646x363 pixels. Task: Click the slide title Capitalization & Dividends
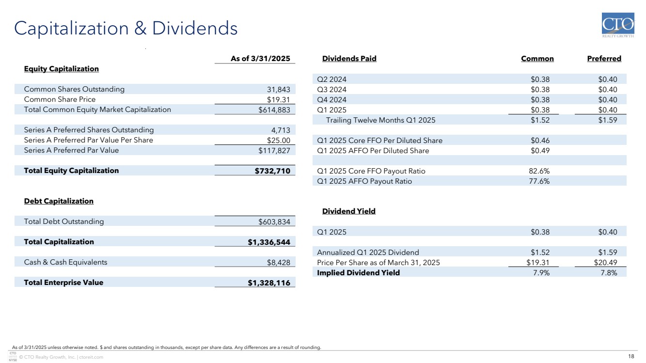(126, 29)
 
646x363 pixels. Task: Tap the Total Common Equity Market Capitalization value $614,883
(274, 110)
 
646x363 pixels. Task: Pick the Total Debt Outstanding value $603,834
(274, 221)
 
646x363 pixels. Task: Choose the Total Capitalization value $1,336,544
(269, 242)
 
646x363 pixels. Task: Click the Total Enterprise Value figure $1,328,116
(269, 283)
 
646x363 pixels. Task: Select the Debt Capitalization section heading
(59, 201)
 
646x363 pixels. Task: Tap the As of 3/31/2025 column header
(260, 59)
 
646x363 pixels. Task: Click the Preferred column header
(604, 59)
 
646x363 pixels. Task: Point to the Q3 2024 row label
(332, 90)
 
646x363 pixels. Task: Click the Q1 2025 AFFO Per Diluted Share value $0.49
(540, 151)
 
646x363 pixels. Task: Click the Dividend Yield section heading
(349, 211)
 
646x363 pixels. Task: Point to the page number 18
(631, 357)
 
